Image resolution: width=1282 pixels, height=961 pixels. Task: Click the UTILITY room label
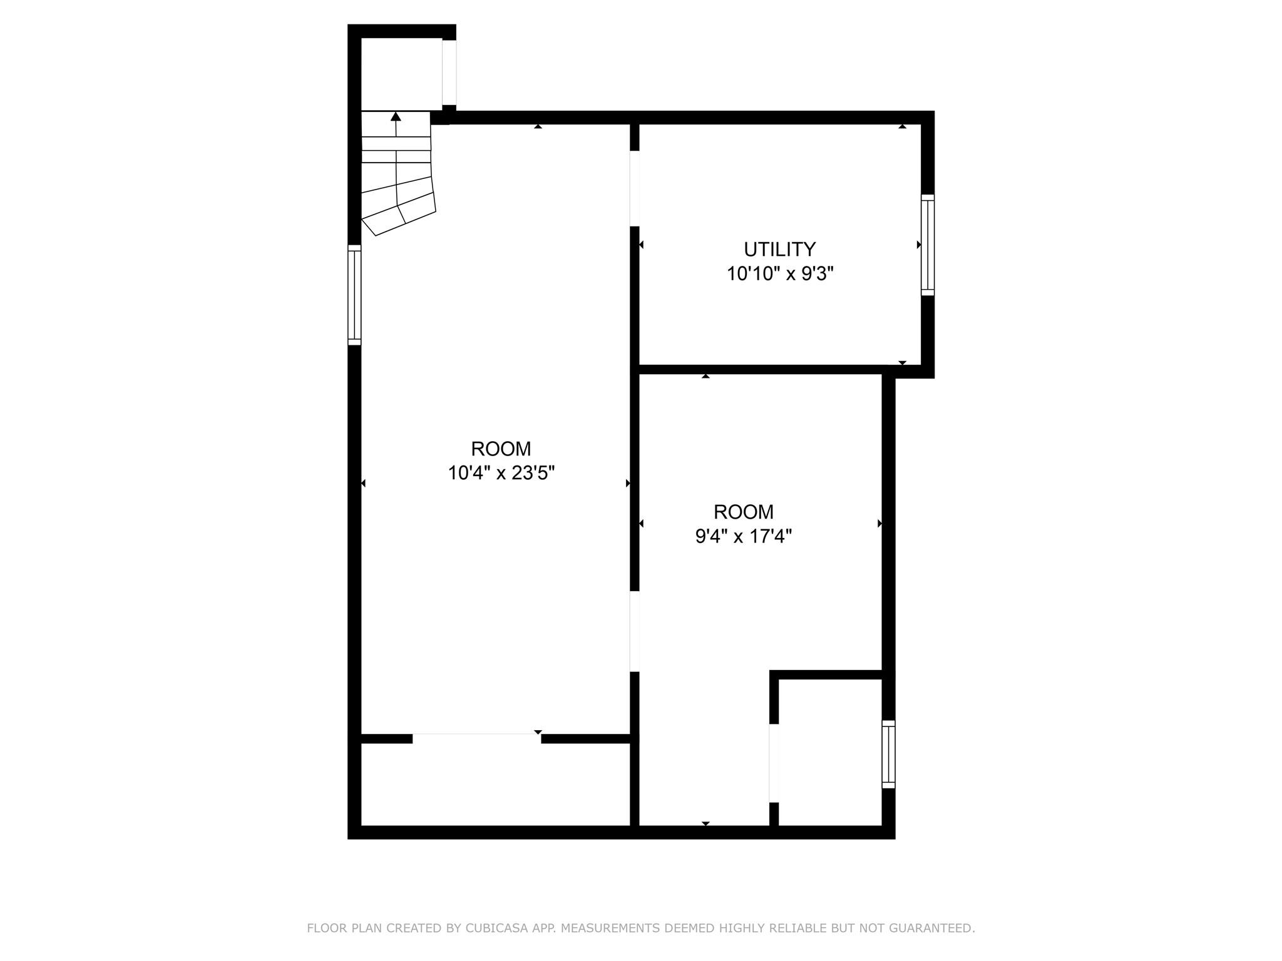tap(779, 249)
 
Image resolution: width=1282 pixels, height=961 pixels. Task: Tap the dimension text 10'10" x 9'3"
tap(780, 274)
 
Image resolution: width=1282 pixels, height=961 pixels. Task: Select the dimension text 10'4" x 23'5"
tap(501, 473)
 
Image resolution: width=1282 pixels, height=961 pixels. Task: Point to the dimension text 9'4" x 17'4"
tap(744, 536)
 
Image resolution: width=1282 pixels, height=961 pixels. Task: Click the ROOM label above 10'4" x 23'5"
tap(501, 449)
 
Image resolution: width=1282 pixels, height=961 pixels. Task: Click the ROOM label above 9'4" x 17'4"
tap(744, 512)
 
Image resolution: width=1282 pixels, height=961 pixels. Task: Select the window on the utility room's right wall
tap(927, 245)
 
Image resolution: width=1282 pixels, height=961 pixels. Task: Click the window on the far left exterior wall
tap(354, 295)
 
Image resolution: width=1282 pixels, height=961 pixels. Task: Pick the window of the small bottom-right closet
tap(888, 754)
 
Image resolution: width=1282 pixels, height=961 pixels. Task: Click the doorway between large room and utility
tap(634, 188)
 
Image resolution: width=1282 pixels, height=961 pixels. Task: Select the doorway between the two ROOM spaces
tap(634, 631)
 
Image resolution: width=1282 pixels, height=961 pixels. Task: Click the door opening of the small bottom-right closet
tap(774, 763)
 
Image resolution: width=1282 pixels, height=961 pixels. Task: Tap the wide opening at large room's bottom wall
tap(476, 738)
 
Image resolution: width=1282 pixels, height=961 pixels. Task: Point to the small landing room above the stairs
tap(401, 74)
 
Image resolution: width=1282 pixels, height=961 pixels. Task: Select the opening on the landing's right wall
tap(449, 73)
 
